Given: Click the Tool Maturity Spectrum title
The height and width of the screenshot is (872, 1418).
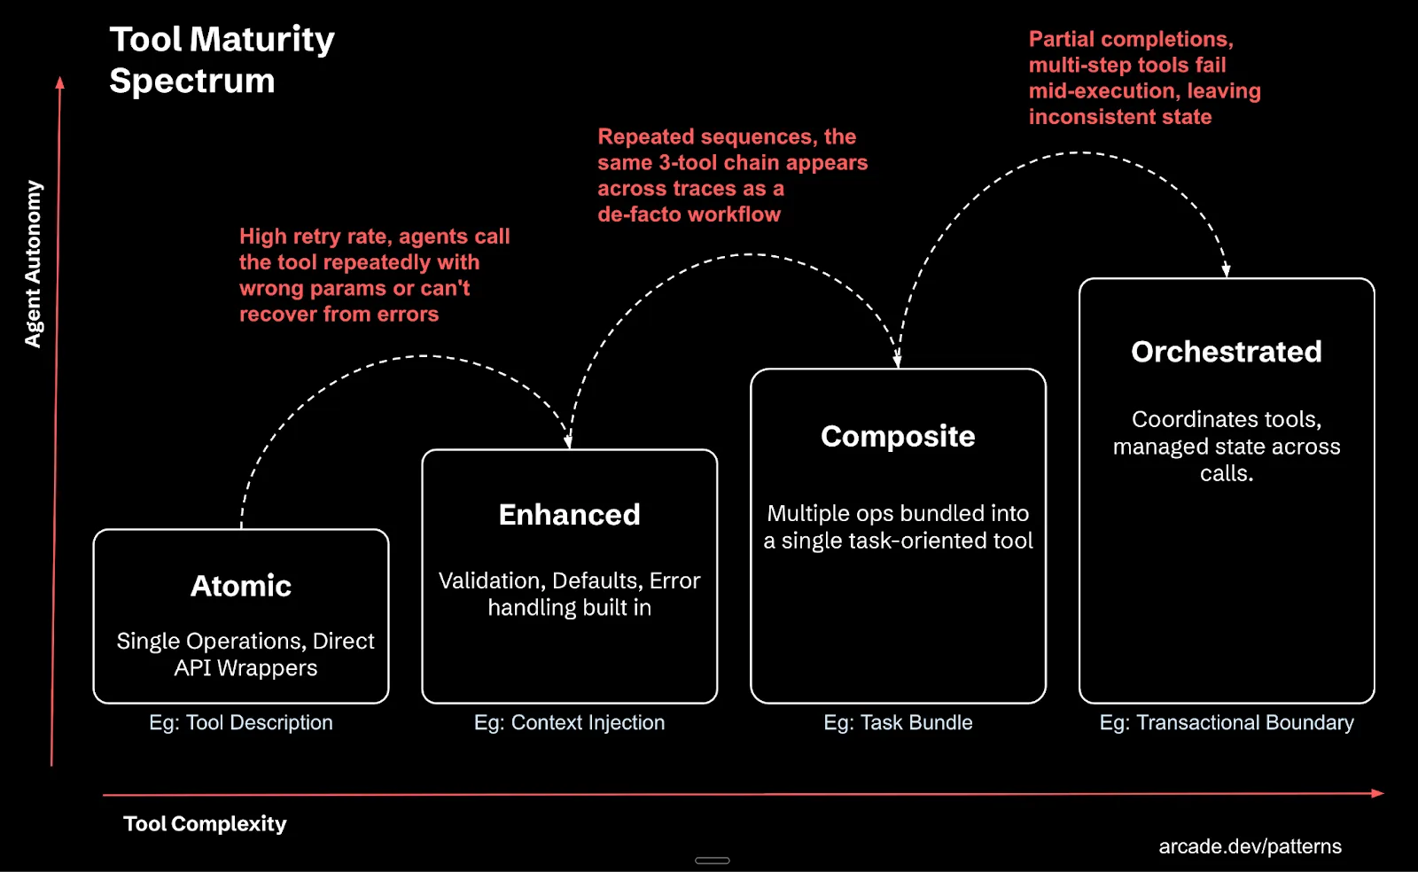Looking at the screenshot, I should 222,59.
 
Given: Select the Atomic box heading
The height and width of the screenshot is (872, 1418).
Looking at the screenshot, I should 241,586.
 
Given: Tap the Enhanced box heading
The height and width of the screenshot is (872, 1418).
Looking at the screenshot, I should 569,515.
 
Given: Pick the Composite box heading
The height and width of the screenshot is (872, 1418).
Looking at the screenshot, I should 898,436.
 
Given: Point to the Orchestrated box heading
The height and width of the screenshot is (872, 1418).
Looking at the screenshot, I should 1227,352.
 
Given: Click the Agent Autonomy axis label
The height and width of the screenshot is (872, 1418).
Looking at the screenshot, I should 33,264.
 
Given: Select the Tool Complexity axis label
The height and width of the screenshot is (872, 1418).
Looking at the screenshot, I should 205,824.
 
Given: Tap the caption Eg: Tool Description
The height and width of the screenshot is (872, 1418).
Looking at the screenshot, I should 241,723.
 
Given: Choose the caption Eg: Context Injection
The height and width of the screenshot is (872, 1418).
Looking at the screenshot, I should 569,723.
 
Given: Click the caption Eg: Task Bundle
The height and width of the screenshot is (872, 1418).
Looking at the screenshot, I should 898,723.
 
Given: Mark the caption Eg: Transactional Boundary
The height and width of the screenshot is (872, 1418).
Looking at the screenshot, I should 1227,723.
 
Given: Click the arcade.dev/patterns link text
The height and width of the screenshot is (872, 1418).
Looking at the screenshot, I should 1250,847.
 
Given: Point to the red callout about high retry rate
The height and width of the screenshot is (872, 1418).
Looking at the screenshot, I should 374,275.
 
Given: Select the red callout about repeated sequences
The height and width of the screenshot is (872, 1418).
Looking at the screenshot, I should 732,175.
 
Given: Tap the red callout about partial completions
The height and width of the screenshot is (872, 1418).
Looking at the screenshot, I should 1144,78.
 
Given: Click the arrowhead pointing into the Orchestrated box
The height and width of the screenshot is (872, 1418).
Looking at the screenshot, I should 1227,271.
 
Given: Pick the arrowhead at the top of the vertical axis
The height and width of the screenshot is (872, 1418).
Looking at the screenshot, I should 60,82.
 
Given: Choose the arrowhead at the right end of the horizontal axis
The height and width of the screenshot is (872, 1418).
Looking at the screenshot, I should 1377,793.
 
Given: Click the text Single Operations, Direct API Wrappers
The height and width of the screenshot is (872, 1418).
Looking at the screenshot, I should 245,654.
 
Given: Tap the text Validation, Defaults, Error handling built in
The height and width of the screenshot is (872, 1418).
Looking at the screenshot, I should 569,594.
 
